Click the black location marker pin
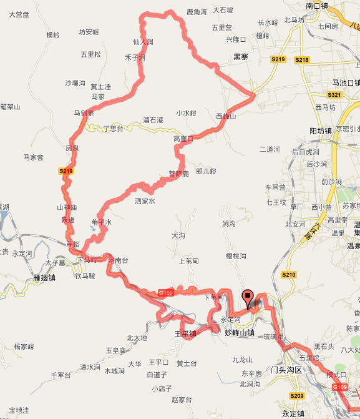248,298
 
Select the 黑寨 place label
241,56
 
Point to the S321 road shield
334,94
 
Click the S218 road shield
302,59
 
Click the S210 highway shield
288,274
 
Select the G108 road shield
165,292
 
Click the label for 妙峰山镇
240,333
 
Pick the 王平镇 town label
185,334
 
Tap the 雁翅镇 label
44,277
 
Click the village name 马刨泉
84,113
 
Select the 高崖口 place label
183,139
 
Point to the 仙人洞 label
143,42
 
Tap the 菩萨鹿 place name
178,174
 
